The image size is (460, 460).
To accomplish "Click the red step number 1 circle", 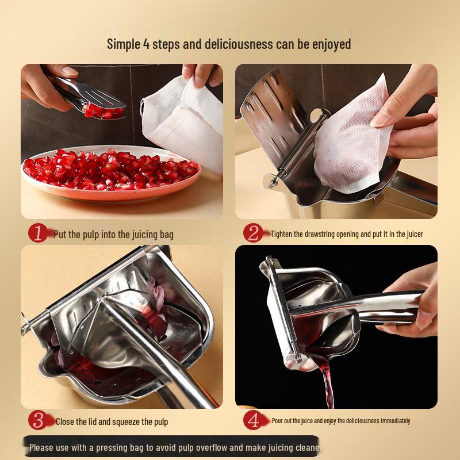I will point(39,233).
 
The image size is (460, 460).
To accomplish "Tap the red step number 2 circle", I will point(252,233).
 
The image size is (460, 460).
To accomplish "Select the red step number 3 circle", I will point(39,420).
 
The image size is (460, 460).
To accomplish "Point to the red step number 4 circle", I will point(252,420).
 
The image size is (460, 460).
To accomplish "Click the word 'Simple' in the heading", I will point(123,44).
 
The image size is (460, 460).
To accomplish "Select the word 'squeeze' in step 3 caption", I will point(128,421).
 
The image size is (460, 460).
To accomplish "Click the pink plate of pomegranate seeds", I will point(109,172).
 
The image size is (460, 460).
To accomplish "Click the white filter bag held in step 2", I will point(351,138).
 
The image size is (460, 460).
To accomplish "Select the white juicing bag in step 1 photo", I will point(184,121).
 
